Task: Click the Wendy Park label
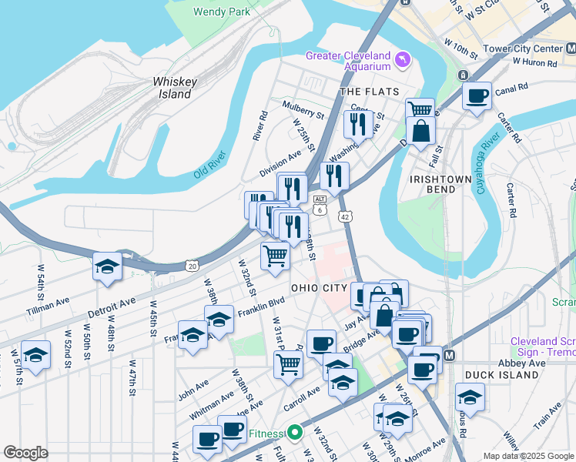[222, 12]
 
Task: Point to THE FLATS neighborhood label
[370, 92]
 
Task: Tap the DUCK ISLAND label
[501, 375]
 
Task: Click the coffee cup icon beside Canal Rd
[477, 97]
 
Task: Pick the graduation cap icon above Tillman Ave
[107, 267]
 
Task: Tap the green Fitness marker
[293, 433]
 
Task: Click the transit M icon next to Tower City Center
[571, 49]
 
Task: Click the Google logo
[25, 453]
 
